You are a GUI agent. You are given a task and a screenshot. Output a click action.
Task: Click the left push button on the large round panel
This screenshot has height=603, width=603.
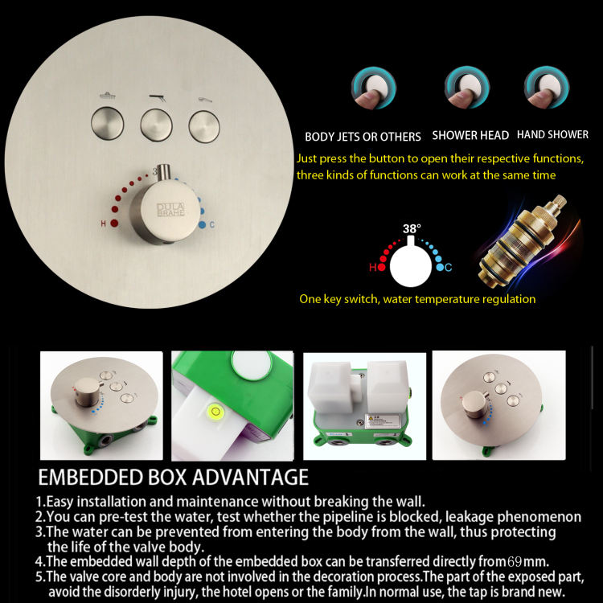click(x=105, y=123)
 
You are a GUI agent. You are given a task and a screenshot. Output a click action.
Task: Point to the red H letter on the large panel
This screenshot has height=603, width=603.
click(x=103, y=223)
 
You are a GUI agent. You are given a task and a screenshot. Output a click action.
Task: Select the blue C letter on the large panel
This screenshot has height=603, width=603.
click(x=211, y=224)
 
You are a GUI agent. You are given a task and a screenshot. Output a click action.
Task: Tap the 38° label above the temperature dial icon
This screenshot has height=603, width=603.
click(x=412, y=229)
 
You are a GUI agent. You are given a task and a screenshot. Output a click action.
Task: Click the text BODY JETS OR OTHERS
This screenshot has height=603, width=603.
click(x=363, y=137)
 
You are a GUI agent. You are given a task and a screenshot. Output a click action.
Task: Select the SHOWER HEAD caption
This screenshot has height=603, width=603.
click(x=470, y=136)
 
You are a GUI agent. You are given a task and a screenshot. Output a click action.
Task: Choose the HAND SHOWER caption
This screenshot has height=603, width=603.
click(x=552, y=135)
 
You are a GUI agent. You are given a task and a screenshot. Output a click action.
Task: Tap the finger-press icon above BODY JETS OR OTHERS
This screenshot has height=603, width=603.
click(x=373, y=91)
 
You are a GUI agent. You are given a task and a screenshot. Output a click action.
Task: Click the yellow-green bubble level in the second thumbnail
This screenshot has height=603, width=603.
click(x=215, y=413)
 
